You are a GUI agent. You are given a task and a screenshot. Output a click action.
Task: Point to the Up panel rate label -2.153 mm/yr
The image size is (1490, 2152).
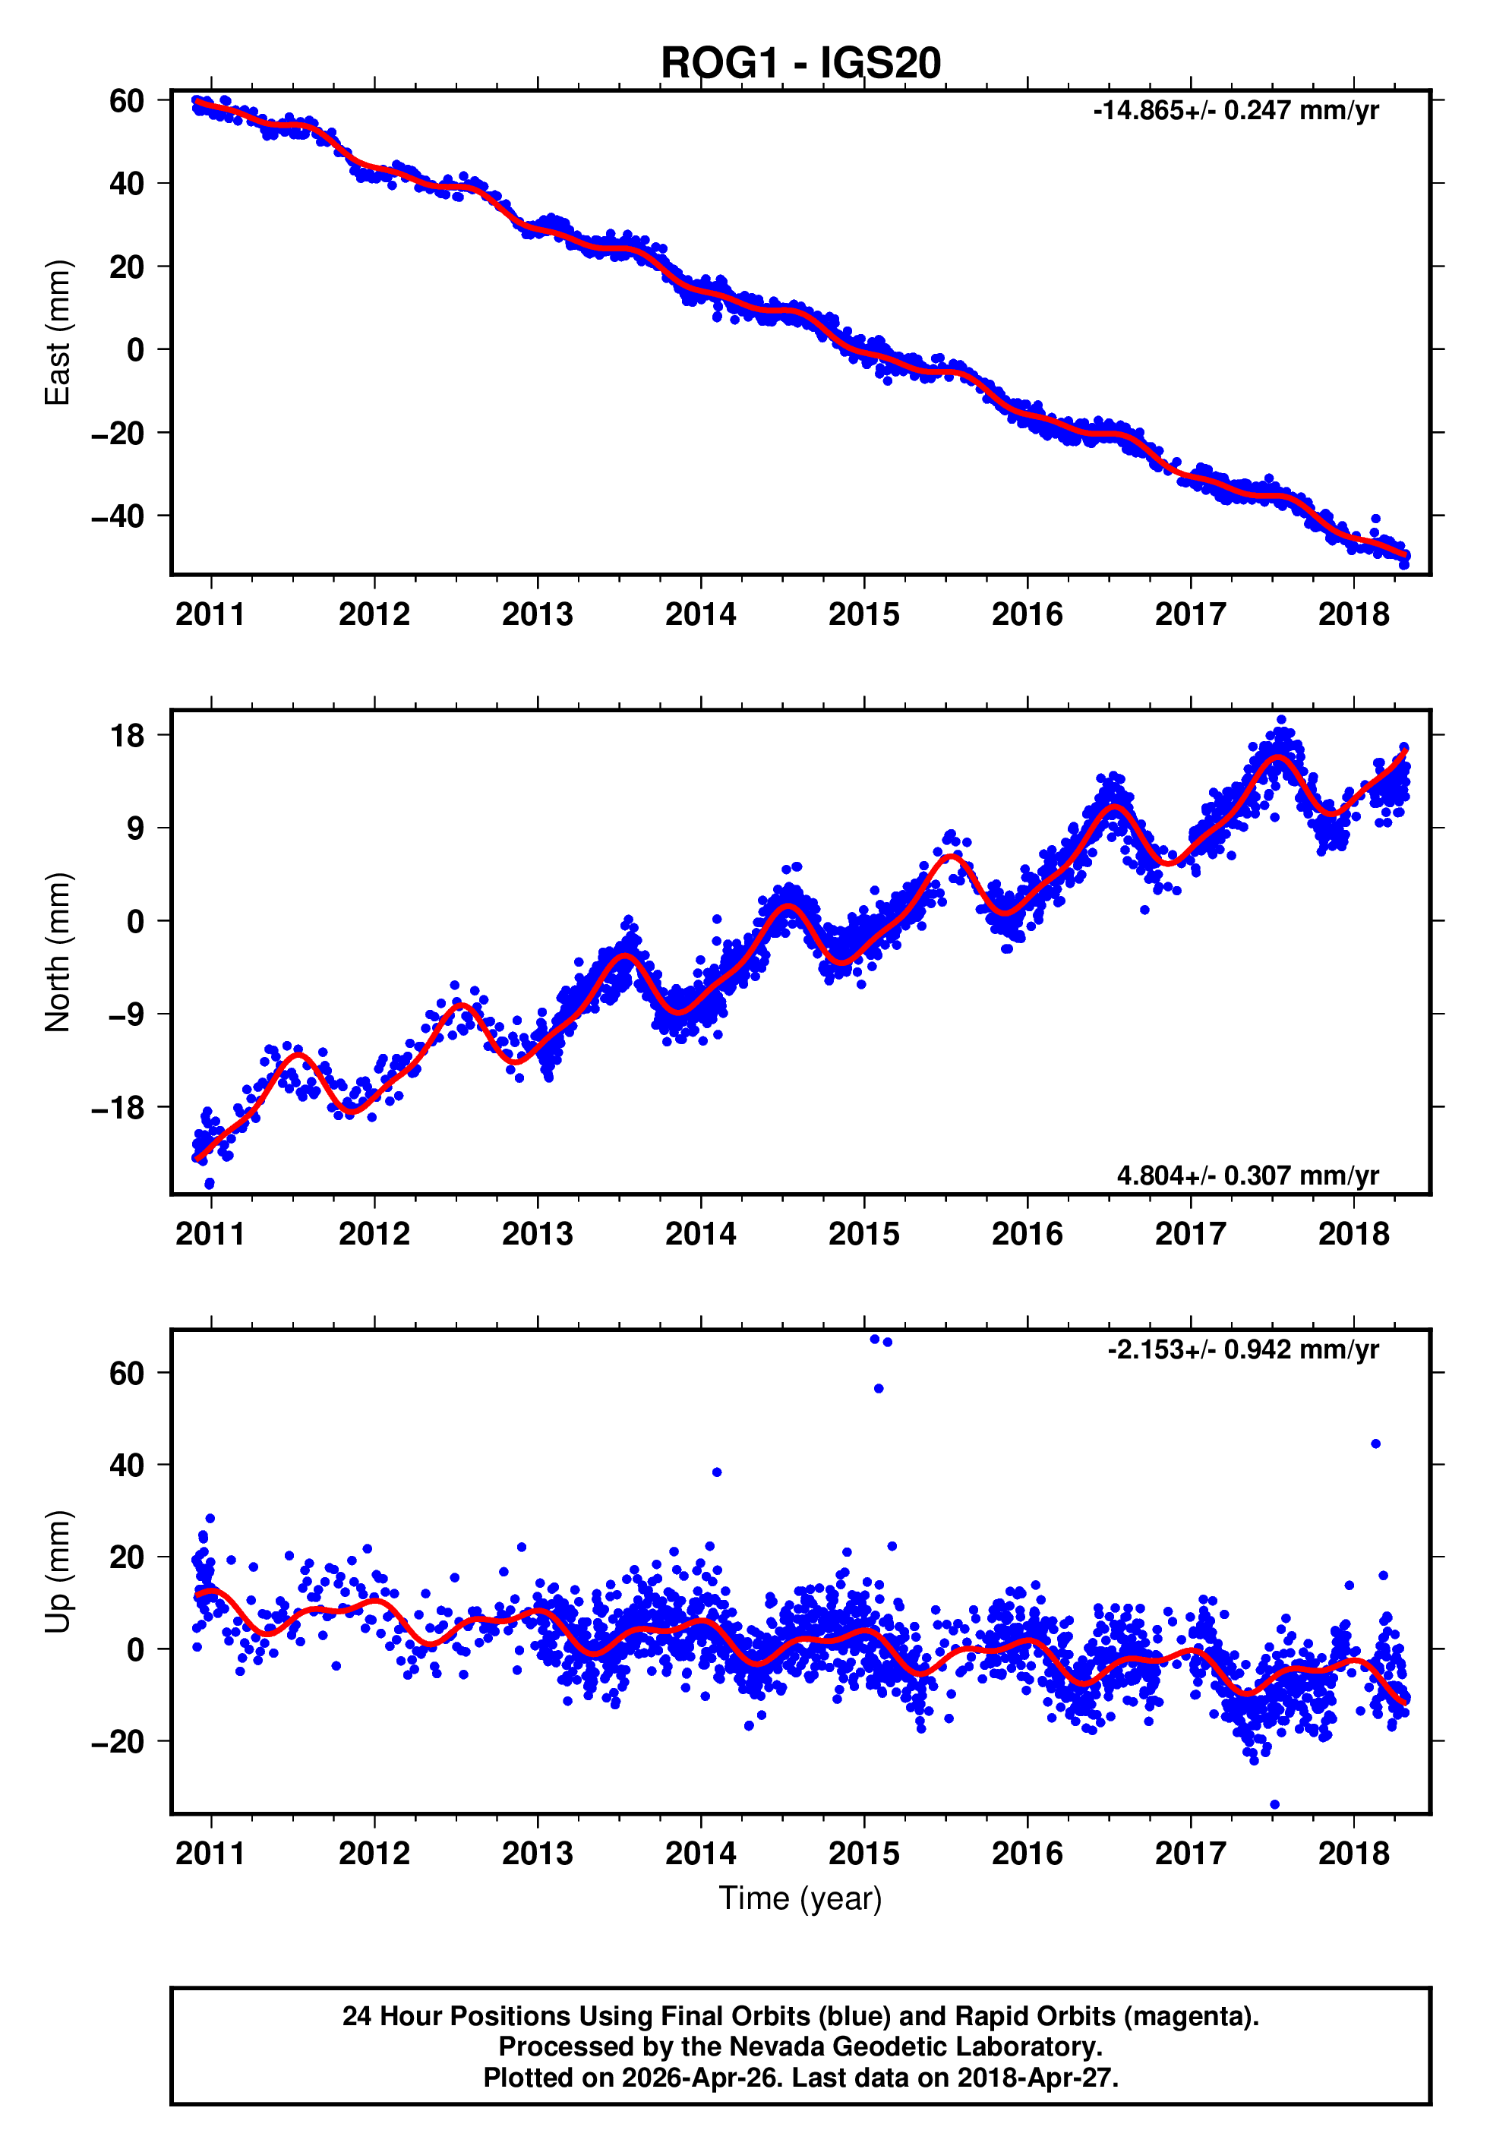[x=1242, y=1349]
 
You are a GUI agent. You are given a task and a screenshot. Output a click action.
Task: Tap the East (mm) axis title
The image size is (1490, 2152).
[x=58, y=333]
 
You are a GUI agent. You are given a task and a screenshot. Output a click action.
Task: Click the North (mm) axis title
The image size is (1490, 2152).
[x=58, y=952]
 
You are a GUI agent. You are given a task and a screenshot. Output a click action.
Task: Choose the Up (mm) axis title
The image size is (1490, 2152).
[x=58, y=1572]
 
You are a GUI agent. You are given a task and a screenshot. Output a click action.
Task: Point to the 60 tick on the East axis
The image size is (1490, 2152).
[x=126, y=101]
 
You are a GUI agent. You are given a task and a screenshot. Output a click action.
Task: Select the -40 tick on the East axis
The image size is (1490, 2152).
[x=118, y=516]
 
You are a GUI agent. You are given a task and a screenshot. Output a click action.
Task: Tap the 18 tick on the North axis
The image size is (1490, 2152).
[x=128, y=735]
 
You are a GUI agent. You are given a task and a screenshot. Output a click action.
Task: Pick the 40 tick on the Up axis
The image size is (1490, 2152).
[x=126, y=1465]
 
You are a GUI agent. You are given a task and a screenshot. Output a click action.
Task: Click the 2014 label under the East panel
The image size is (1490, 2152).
[x=700, y=614]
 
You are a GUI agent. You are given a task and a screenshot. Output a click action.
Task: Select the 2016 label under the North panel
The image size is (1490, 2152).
[x=1027, y=1234]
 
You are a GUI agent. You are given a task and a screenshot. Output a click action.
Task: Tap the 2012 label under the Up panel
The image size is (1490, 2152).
[x=374, y=1854]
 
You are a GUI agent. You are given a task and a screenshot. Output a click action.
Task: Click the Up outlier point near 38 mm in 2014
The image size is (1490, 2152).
[x=717, y=1472]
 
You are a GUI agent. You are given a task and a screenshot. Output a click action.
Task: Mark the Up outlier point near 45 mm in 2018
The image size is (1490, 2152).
[x=1375, y=1444]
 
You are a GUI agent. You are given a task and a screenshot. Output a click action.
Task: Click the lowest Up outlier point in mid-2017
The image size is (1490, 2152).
[x=1275, y=1805]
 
